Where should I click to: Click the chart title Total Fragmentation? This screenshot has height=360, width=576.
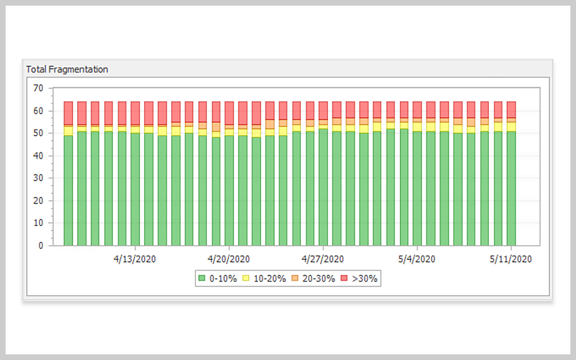[x=67, y=69]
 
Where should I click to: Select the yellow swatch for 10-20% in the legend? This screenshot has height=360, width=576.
[x=246, y=278]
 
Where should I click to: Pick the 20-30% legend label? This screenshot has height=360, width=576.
[x=319, y=278]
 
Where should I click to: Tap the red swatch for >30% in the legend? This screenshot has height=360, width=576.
[x=344, y=278]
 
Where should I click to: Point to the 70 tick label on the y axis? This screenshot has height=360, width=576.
[x=38, y=88]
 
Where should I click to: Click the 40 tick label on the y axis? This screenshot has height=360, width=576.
[x=38, y=156]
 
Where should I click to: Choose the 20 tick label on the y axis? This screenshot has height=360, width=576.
[x=38, y=201]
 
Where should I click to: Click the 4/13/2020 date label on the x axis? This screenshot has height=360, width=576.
[x=135, y=259]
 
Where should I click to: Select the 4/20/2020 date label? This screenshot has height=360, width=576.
[x=229, y=259]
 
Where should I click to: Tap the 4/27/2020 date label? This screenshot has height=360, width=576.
[x=323, y=259]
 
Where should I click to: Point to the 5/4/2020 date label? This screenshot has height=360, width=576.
[x=417, y=259]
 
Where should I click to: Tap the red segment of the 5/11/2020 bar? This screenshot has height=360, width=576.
[x=511, y=109]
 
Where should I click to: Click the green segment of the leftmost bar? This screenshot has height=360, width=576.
[x=68, y=191]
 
